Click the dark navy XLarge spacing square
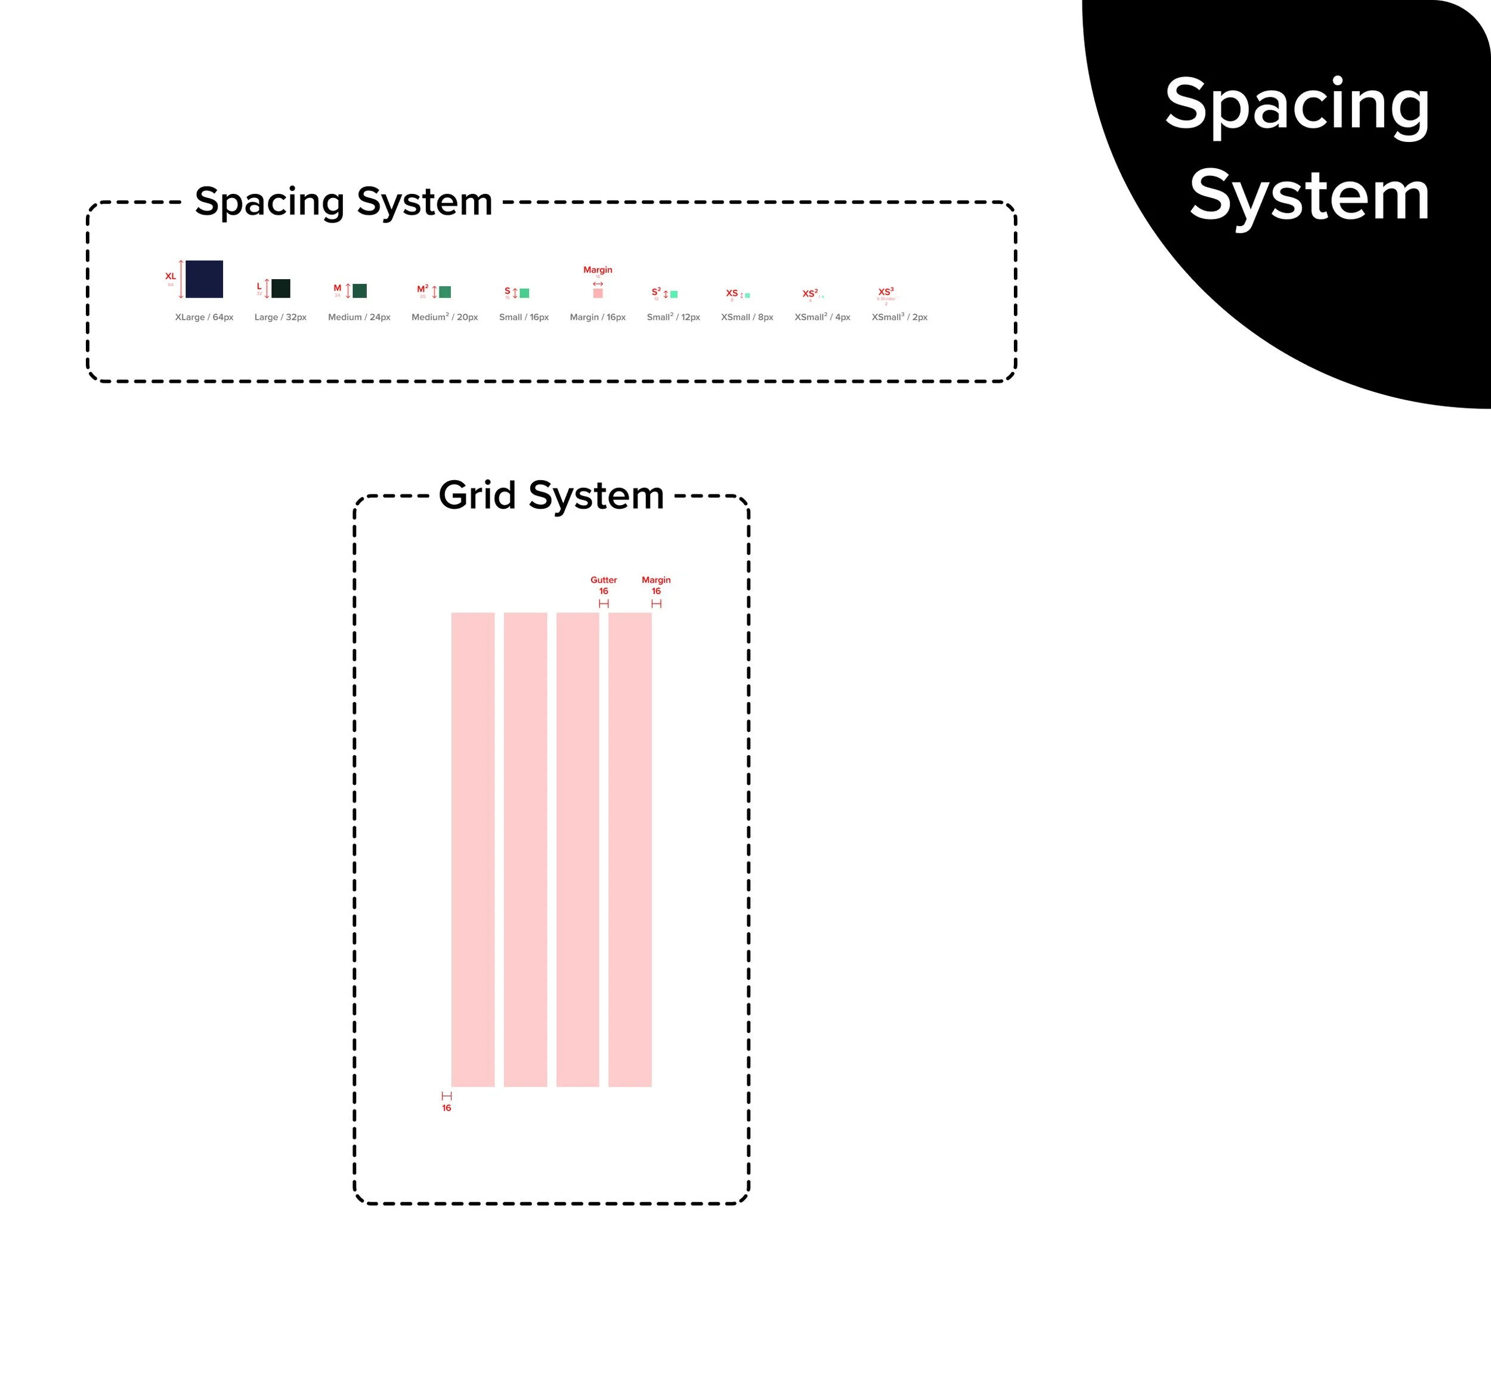(204, 279)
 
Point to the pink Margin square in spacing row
(598, 293)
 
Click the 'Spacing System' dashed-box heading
(344, 202)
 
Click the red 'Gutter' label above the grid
(604, 580)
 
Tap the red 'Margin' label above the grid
(656, 580)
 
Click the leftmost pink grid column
(472, 849)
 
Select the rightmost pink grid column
(630, 849)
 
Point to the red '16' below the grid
(446, 1108)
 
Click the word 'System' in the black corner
(1309, 196)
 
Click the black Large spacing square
(280, 288)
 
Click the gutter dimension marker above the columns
(604, 603)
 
